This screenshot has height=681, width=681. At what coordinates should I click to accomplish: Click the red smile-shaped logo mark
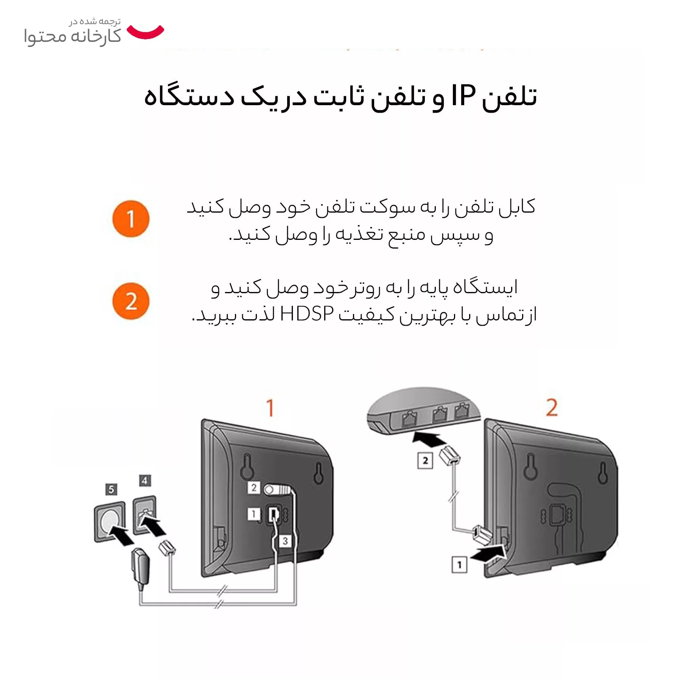click(145, 33)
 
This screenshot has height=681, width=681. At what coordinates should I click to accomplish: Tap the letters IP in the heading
click(463, 96)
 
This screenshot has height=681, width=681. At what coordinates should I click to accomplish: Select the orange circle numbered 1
click(131, 219)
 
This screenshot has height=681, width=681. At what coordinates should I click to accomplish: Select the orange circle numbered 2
click(131, 301)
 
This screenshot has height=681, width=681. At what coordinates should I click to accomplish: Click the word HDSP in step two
click(307, 314)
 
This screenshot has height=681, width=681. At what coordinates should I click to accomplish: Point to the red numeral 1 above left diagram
click(270, 408)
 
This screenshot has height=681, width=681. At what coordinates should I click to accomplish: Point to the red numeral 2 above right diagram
click(552, 407)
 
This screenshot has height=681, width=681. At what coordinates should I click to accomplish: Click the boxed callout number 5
click(111, 490)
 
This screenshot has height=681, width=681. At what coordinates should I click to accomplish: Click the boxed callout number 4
click(145, 480)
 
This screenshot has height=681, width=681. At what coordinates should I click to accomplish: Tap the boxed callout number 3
click(285, 541)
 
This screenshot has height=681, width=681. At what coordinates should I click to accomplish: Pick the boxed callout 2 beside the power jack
click(254, 488)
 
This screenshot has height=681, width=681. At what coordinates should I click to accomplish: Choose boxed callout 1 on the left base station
click(253, 514)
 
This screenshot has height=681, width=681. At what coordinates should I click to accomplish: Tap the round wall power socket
click(110, 521)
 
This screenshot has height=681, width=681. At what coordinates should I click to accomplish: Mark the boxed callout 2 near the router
click(425, 460)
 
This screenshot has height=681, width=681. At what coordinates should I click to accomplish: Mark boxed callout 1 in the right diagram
click(459, 565)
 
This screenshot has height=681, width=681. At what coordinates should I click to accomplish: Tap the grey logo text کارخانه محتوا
click(72, 37)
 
